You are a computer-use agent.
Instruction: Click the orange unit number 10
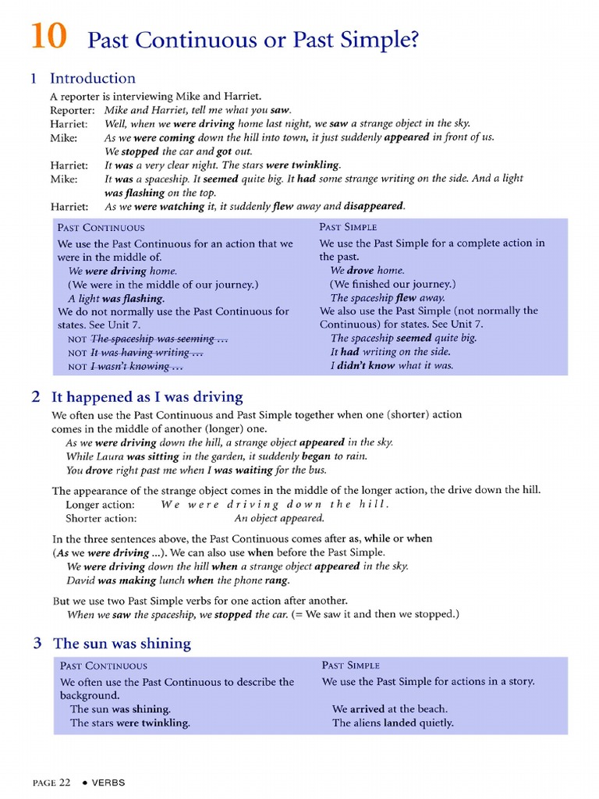click(x=48, y=37)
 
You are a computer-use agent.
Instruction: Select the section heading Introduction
click(x=92, y=78)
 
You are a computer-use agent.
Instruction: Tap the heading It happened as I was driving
click(x=147, y=396)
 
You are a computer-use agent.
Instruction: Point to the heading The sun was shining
click(x=122, y=643)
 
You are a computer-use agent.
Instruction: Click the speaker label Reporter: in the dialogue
click(x=73, y=110)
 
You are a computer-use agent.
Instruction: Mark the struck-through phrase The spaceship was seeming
click(x=151, y=339)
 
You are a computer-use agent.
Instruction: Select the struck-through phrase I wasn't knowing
click(x=136, y=366)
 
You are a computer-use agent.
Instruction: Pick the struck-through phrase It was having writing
click(x=147, y=353)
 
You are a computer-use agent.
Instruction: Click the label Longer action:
click(x=100, y=504)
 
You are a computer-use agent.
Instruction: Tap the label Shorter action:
click(x=101, y=518)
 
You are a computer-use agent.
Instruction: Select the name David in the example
click(x=81, y=581)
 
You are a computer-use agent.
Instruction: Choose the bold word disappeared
click(x=376, y=206)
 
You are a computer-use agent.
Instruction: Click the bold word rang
click(x=277, y=581)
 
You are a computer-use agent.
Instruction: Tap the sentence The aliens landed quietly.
click(x=392, y=723)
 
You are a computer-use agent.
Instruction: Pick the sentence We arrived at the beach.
click(x=389, y=708)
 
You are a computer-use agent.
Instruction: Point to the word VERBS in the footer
click(x=108, y=783)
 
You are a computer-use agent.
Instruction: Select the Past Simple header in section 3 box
click(x=350, y=666)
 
